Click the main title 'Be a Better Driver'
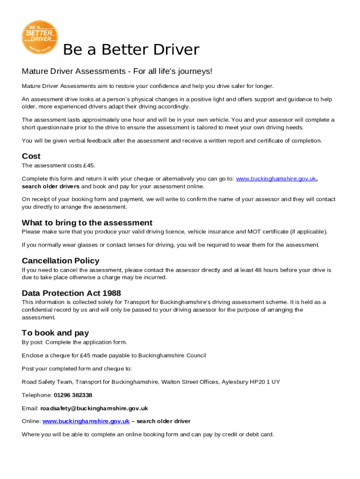tap(131, 50)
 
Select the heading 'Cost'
tap(31, 156)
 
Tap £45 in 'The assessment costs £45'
tap(89, 166)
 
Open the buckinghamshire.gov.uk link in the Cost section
tap(276, 179)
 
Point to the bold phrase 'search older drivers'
tap(50, 186)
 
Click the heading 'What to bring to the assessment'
tap(87, 223)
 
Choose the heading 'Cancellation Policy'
tap(60, 261)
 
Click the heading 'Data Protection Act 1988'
tap(71, 293)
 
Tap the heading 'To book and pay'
tap(55, 333)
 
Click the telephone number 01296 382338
tap(73, 395)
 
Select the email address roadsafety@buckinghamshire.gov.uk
tap(94, 408)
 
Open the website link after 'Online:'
tap(86, 421)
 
